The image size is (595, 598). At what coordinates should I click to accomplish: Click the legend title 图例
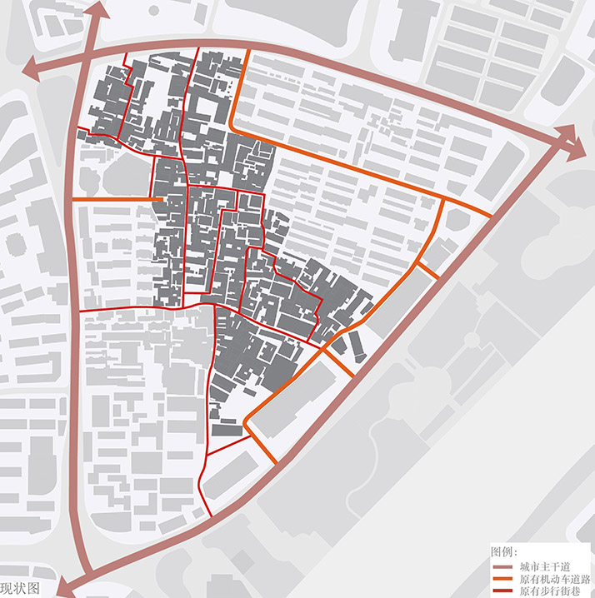click(x=504, y=552)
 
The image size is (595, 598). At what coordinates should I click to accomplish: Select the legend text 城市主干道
click(x=541, y=566)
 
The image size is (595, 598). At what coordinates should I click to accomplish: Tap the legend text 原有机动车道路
click(x=552, y=579)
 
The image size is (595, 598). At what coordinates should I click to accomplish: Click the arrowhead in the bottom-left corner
click(x=67, y=588)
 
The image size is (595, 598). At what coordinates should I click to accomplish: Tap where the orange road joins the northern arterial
click(x=248, y=49)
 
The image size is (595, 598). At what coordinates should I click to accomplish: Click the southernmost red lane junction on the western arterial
click(x=80, y=309)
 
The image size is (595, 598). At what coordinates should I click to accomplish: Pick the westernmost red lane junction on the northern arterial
click(x=124, y=52)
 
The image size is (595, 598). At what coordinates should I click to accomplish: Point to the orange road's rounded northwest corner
click(x=232, y=129)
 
